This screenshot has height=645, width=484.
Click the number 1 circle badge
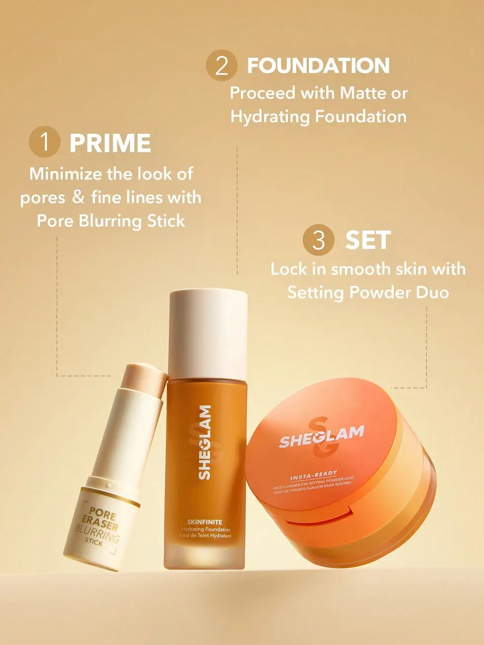(44, 142)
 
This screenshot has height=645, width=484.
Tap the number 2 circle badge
(222, 65)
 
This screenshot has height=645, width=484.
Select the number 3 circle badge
(319, 240)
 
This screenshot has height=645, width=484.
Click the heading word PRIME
(110, 143)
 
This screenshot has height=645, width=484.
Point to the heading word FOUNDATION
(319, 66)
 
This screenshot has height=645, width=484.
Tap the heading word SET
(368, 240)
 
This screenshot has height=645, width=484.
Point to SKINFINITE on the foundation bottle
(205, 522)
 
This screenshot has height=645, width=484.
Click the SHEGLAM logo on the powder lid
(322, 437)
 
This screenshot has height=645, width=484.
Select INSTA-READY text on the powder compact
(314, 476)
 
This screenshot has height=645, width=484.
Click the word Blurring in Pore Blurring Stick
(111, 221)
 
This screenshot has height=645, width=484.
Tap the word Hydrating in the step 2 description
(270, 117)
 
